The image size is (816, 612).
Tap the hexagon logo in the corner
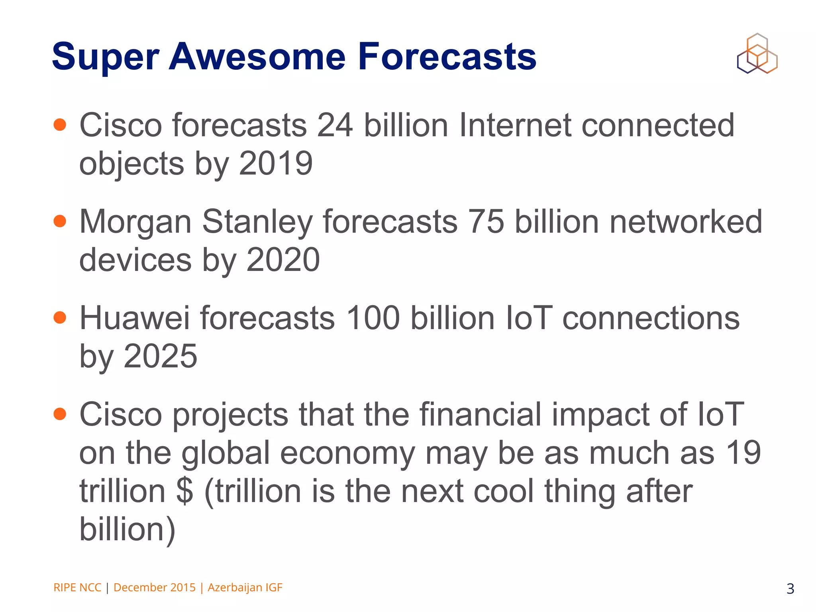click(757, 54)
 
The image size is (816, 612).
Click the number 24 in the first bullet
click(335, 125)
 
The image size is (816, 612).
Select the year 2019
click(276, 163)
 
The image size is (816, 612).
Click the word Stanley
click(257, 222)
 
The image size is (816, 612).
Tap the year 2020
click(283, 260)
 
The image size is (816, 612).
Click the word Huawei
click(135, 318)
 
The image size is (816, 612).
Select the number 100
click(373, 318)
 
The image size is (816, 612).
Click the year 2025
click(160, 356)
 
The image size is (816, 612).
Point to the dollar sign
click(184, 491)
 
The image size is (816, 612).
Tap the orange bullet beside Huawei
click(60, 318)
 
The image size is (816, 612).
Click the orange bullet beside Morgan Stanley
click(60, 221)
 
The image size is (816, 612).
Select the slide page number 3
click(790, 588)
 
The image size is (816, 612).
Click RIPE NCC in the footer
click(77, 587)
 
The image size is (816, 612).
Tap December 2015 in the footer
click(155, 587)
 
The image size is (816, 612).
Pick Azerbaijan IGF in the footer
click(245, 587)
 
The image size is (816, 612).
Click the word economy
click(347, 453)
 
